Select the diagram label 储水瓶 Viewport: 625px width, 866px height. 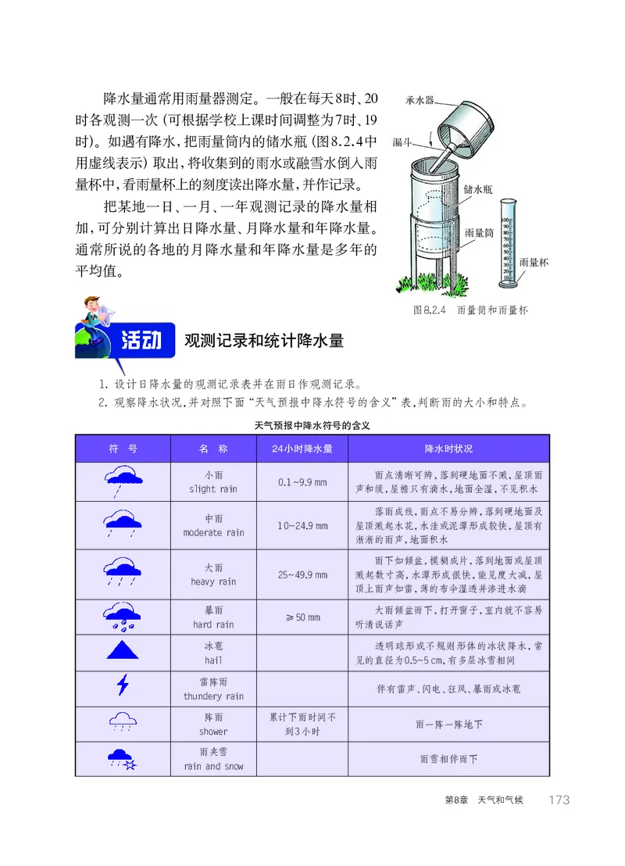coord(477,189)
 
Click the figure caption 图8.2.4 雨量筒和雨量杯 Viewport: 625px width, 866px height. coord(470,310)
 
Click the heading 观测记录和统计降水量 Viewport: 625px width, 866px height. coord(263,342)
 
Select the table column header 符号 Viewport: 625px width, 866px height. coord(123,449)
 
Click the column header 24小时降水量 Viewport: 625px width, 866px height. coord(302,449)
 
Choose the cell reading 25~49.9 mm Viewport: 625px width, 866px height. coord(302,574)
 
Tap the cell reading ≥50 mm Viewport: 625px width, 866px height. coord(302,617)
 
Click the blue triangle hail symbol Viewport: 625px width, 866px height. coord(122,649)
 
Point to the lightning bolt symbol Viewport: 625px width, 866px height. coord(122,685)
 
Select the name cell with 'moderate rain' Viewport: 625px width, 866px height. coord(213,525)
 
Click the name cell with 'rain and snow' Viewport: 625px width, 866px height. coord(213,759)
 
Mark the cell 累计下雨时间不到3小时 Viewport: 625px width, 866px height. coord(302,724)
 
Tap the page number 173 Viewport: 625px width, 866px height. coord(559,800)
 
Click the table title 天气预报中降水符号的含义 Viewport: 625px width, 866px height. coord(312,427)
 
